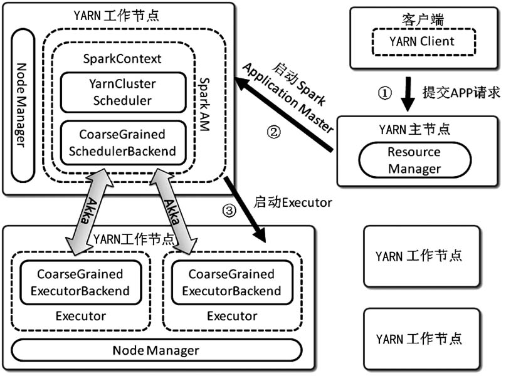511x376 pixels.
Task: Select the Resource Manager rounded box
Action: pos(414,160)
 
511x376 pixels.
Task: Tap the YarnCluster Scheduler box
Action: pos(123,92)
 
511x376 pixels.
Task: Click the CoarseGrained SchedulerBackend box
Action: pos(123,143)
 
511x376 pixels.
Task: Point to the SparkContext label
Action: pos(122,59)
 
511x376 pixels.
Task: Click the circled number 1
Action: pos(385,93)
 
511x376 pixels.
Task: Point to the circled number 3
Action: pos(230,211)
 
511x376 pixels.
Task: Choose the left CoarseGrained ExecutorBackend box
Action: pos(80,282)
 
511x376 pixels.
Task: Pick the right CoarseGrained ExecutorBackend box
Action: pos(231,282)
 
